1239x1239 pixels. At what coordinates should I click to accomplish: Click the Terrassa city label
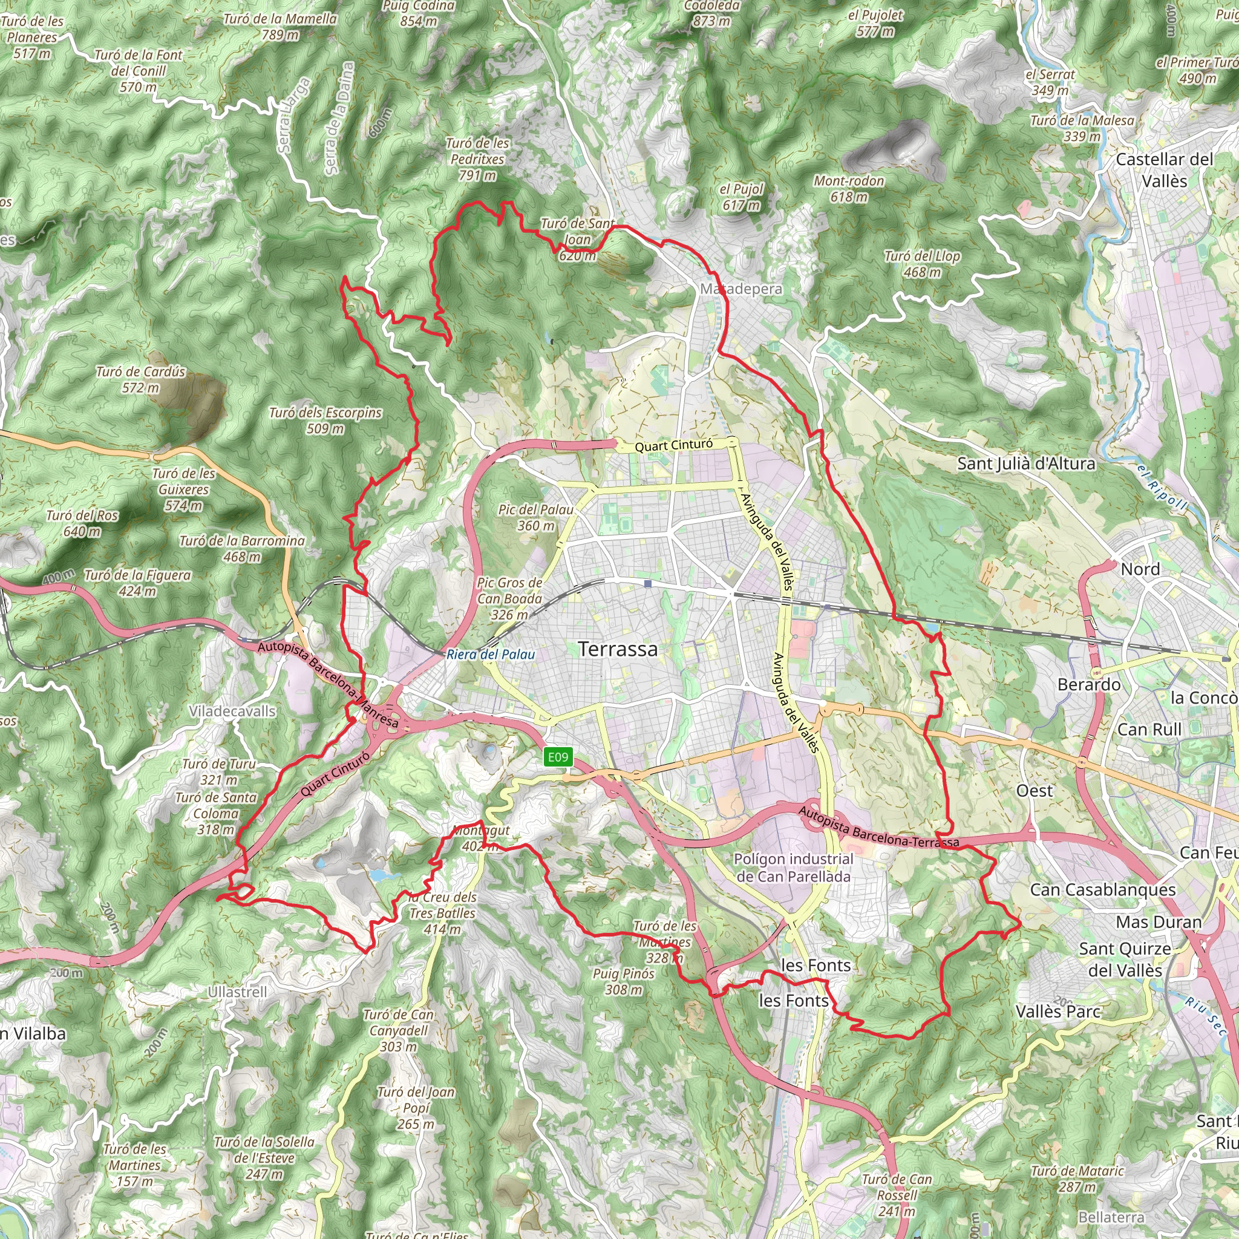point(618,649)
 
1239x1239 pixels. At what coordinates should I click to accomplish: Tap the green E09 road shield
point(557,757)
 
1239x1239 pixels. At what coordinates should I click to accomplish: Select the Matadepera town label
point(740,289)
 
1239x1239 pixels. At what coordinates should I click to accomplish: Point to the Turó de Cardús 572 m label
point(140,380)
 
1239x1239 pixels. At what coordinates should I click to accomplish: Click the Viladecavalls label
point(232,711)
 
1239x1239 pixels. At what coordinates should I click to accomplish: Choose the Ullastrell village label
point(237,992)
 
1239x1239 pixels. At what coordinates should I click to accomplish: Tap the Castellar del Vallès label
point(1164,170)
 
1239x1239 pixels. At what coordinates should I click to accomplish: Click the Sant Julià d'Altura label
point(1026,463)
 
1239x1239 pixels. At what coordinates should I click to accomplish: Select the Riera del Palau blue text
point(491,654)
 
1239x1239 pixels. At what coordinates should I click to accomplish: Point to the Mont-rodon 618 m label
point(848,189)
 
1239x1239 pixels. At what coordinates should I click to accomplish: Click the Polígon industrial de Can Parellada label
point(793,868)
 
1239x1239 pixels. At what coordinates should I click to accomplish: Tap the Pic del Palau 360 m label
point(535,517)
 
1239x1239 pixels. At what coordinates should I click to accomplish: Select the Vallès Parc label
point(1058,1012)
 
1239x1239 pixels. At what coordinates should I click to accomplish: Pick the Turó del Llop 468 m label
point(922,264)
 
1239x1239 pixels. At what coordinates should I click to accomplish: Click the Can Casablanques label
point(1102,889)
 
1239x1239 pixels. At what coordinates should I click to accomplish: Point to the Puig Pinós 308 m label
point(623,981)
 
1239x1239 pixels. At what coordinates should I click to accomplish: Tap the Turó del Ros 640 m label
point(82,523)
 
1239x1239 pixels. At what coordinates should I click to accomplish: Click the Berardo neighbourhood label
point(1089,685)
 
